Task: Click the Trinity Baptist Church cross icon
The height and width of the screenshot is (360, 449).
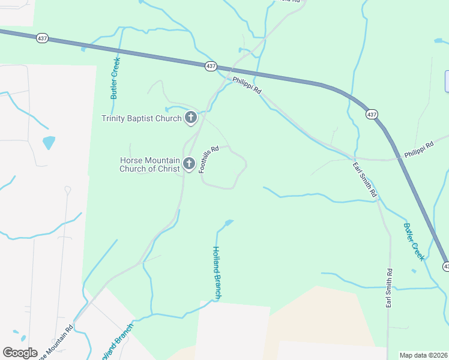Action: pyautogui.click(x=191, y=118)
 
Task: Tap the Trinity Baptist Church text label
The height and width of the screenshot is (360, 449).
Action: pyautogui.click(x=141, y=119)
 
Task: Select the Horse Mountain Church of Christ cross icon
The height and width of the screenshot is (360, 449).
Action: pyautogui.click(x=189, y=164)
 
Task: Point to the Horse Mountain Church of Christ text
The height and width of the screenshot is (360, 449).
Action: pyautogui.click(x=150, y=164)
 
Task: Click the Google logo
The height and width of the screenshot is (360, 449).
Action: pyautogui.click(x=20, y=353)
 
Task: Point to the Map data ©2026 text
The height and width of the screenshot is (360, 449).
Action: pyautogui.click(x=424, y=355)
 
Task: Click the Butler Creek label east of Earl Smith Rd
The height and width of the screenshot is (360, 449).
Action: pyautogui.click(x=414, y=242)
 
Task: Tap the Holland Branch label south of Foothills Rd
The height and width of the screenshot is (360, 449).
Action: pyautogui.click(x=217, y=273)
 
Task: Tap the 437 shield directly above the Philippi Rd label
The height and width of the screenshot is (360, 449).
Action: pyautogui.click(x=210, y=67)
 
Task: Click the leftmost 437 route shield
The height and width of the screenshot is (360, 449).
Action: pyautogui.click(x=41, y=38)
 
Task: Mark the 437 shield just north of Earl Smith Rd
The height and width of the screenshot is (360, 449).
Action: pyautogui.click(x=372, y=114)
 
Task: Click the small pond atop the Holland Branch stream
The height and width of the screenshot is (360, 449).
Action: pyautogui.click(x=228, y=223)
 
